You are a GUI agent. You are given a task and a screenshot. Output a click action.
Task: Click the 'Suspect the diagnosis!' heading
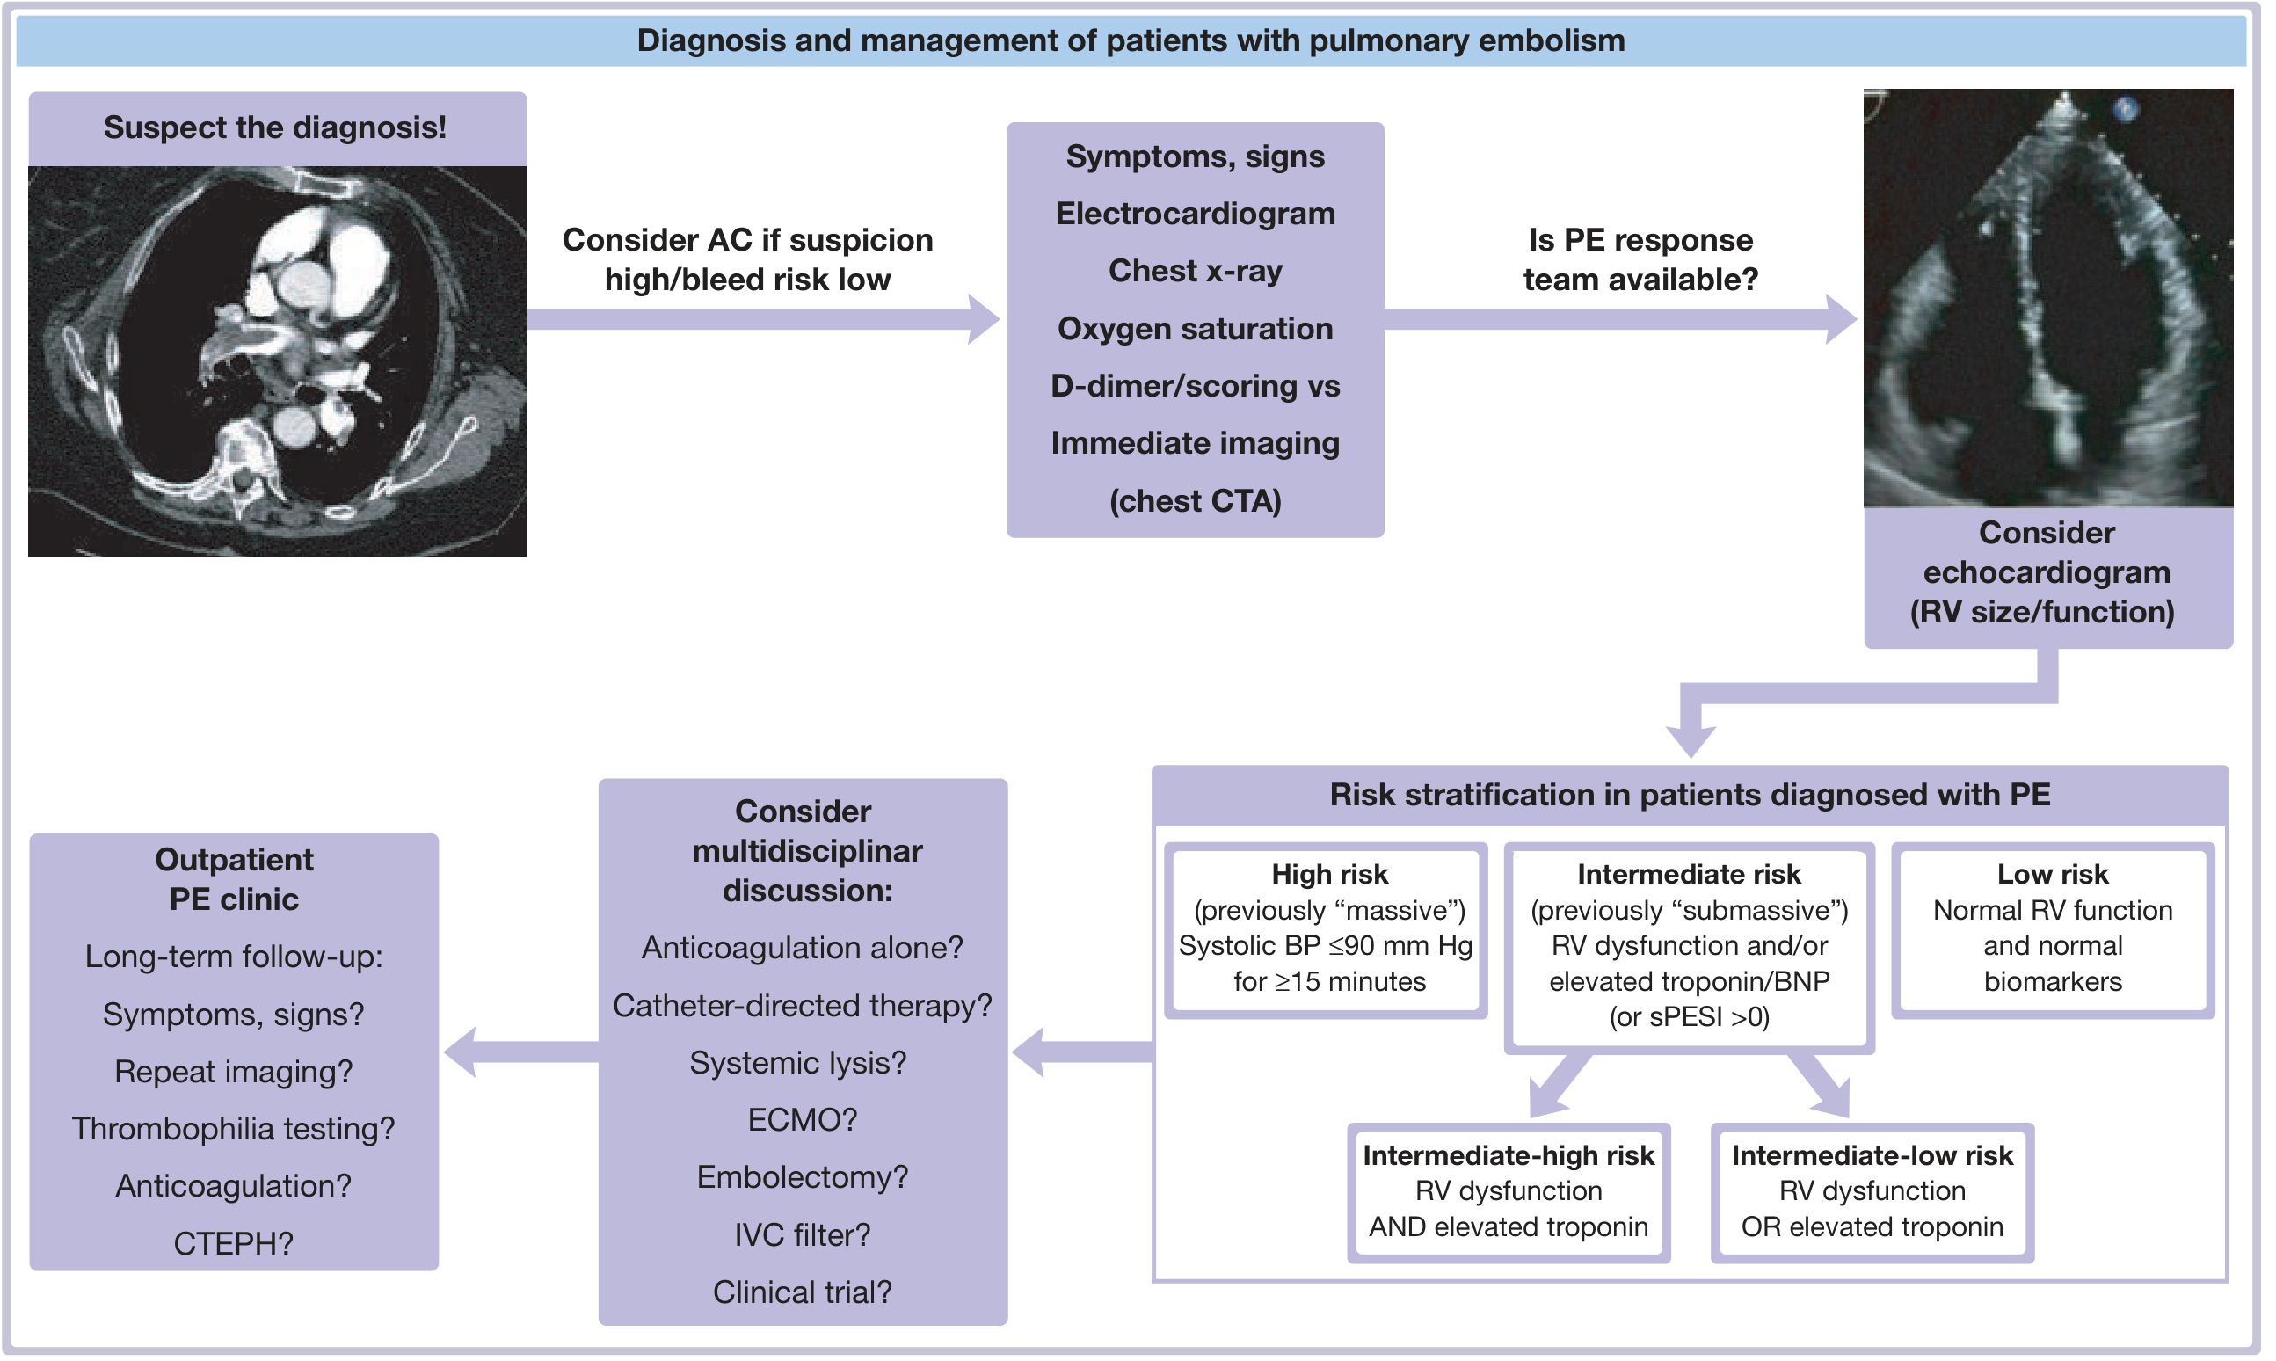click(275, 127)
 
